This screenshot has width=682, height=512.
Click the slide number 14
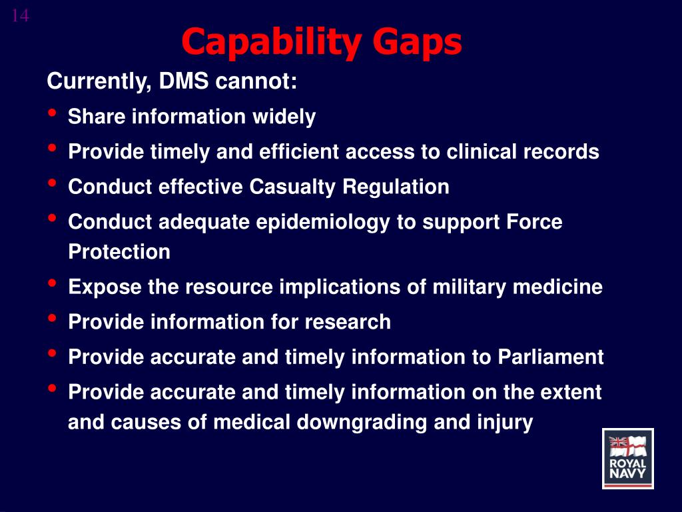tap(20, 16)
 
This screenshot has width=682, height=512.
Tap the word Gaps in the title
tap(417, 43)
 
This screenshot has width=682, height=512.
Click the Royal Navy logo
tap(627, 459)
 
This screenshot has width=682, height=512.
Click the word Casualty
tap(293, 187)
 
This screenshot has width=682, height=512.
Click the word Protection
tap(119, 252)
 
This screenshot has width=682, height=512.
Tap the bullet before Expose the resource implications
tap(52, 283)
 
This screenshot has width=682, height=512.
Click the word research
tap(348, 322)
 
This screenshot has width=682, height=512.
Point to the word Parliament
tap(550, 357)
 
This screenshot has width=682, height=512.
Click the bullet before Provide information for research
tap(52, 318)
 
